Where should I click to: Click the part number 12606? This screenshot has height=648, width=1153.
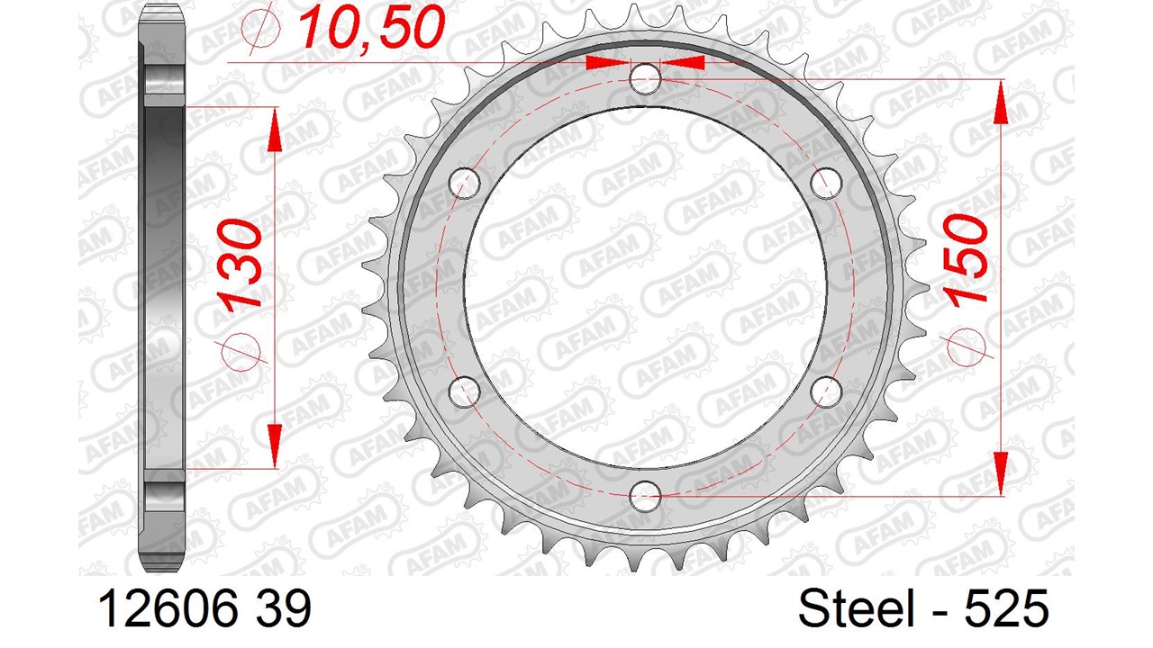pyautogui.click(x=168, y=608)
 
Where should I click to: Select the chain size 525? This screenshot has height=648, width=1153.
pyautogui.click(x=1006, y=608)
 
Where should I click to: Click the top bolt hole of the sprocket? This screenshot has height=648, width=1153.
pyautogui.click(x=646, y=79)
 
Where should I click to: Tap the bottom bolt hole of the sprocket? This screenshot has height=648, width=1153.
pyautogui.click(x=646, y=497)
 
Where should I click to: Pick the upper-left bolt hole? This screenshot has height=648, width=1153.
pyautogui.click(x=464, y=183)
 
